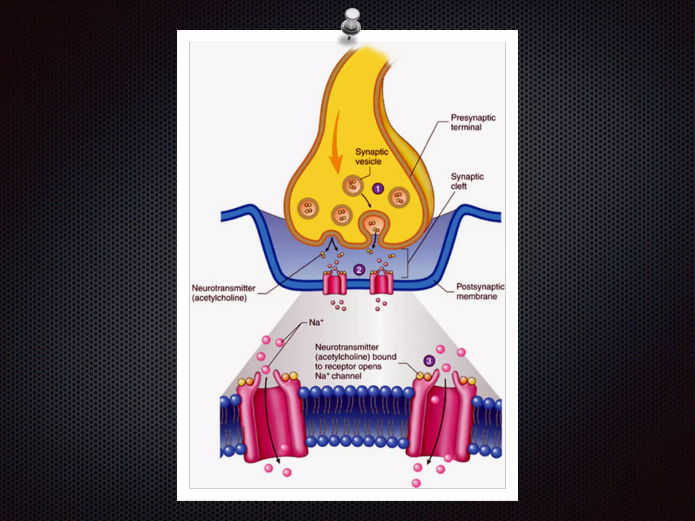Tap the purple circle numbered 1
(x=378, y=189)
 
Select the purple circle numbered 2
(x=359, y=270)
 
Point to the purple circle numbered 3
(x=429, y=361)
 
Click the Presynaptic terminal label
(x=473, y=122)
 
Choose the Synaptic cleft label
(x=467, y=181)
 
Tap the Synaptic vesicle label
(x=371, y=156)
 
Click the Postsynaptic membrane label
(x=480, y=291)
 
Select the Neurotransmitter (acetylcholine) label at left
(x=223, y=293)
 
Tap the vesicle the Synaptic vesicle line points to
(x=353, y=186)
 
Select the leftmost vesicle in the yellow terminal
(x=308, y=209)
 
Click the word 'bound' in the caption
(x=384, y=357)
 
